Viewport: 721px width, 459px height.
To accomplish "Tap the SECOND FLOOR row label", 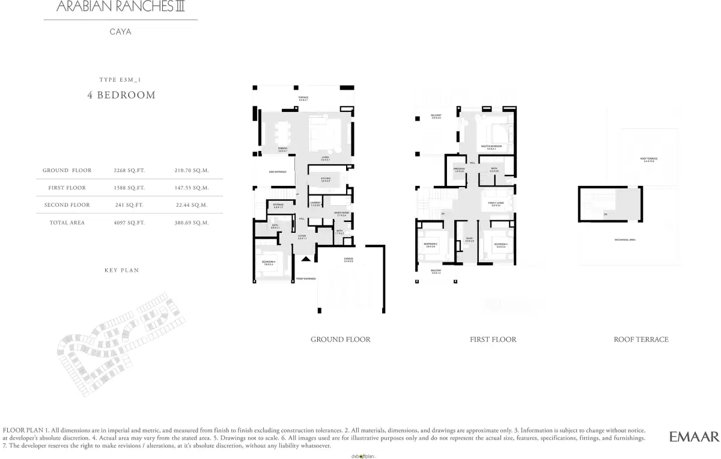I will tap(67, 205).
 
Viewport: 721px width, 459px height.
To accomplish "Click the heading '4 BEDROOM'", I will tap(121, 95).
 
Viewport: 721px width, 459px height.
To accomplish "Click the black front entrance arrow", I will tap(306, 259).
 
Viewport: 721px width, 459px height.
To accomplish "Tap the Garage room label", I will tap(348, 260).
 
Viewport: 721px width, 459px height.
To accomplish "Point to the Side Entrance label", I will tap(277, 172).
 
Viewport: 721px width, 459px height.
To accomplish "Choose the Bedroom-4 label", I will tap(268, 262).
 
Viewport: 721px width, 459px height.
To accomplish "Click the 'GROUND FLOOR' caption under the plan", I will tap(340, 339).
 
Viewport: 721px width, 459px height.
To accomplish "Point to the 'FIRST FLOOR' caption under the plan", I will tap(493, 339).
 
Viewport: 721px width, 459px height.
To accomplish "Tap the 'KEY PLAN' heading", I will tap(121, 271).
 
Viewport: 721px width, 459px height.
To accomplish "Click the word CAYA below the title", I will tap(120, 32).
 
